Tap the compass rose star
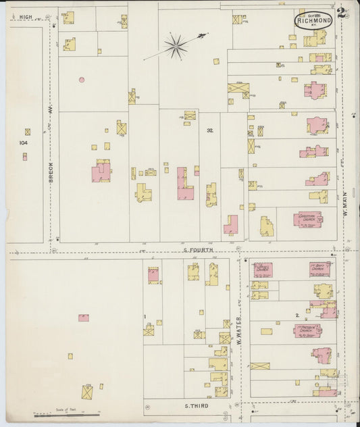(176, 46)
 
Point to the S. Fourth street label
(198, 250)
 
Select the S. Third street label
(197, 406)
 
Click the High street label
(26, 16)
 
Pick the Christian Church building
(307, 220)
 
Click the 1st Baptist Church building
(320, 269)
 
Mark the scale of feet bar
(67, 413)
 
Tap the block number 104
(24, 143)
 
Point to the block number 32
(210, 130)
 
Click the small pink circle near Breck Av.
(82, 80)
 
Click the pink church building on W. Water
(263, 270)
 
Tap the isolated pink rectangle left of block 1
(83, 317)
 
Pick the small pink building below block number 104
(25, 157)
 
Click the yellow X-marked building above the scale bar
(88, 392)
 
